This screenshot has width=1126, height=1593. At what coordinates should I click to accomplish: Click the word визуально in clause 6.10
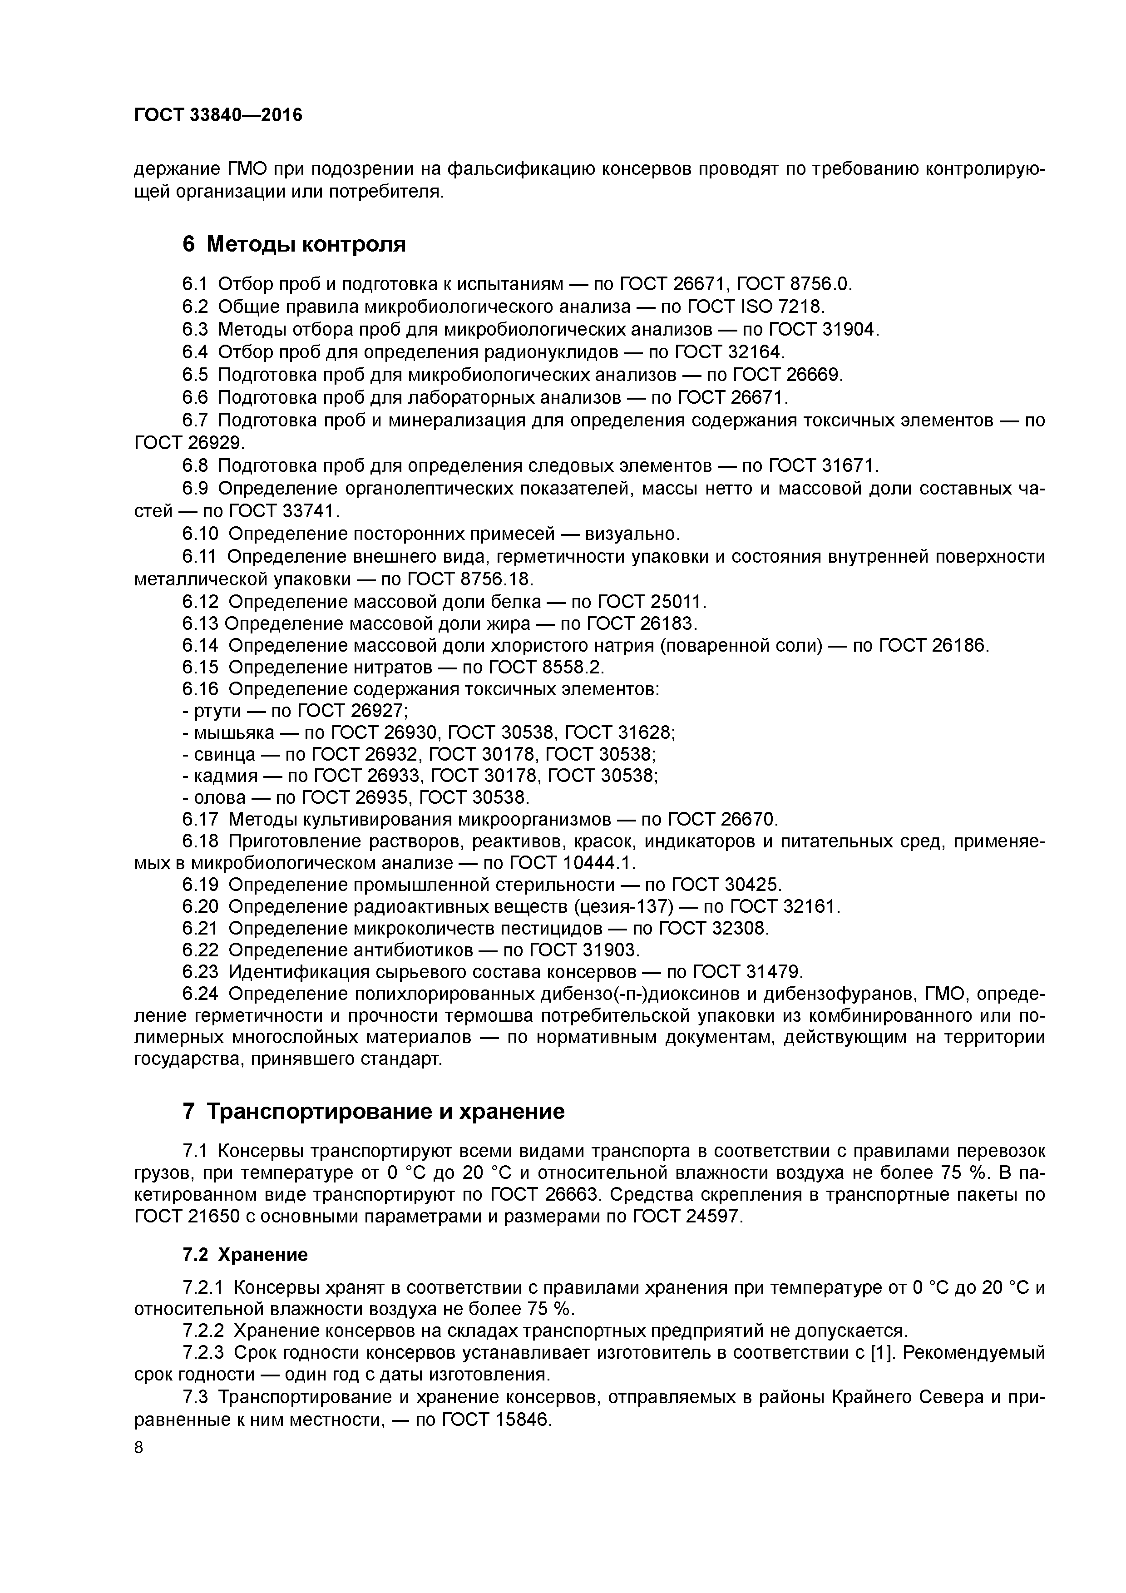click(629, 534)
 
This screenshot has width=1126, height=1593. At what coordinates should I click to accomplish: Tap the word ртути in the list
click(217, 711)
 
